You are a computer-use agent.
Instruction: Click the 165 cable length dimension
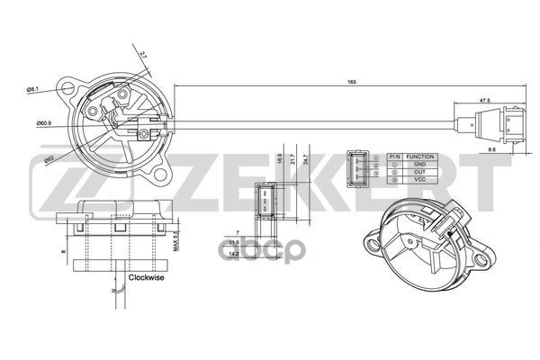pyautogui.click(x=351, y=83)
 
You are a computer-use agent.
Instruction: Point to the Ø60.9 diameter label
pyautogui.click(x=43, y=123)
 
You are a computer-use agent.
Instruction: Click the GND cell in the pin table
pyautogui.click(x=419, y=165)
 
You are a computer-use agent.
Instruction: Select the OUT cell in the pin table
pyautogui.click(x=419, y=173)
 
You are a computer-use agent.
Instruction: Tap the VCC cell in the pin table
pyautogui.click(x=419, y=181)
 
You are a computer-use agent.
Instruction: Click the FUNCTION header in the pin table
pyautogui.click(x=419, y=157)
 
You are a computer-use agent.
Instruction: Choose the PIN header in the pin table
pyautogui.click(x=393, y=157)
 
